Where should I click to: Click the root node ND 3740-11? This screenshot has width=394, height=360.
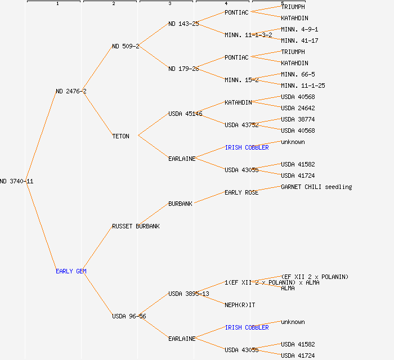click(16, 181)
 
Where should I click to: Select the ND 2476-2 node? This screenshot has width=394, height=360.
click(71, 91)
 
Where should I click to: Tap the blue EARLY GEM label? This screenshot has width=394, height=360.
click(71, 271)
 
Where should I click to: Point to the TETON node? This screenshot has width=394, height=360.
click(120, 136)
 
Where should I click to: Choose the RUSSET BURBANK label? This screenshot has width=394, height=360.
click(136, 226)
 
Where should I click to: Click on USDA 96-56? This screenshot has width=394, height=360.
click(129, 316)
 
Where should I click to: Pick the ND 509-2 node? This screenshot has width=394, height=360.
click(126, 46)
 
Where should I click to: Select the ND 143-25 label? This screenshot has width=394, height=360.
click(183, 24)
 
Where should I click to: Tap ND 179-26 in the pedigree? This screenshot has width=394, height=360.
click(183, 69)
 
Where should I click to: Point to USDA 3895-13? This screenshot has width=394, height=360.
click(189, 294)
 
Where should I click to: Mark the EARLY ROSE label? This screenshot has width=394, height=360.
click(241, 192)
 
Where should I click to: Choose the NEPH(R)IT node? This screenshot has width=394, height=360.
click(240, 305)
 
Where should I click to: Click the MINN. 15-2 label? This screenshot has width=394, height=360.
click(241, 80)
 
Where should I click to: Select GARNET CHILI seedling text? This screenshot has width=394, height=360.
click(316, 187)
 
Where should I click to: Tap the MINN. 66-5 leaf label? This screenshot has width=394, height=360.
click(298, 74)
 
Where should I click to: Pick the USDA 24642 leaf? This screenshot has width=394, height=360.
click(298, 108)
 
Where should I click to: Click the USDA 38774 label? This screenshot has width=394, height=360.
click(298, 119)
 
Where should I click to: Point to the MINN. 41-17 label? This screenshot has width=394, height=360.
click(299, 40)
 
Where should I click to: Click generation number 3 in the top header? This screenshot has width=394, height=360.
click(169, 4)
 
